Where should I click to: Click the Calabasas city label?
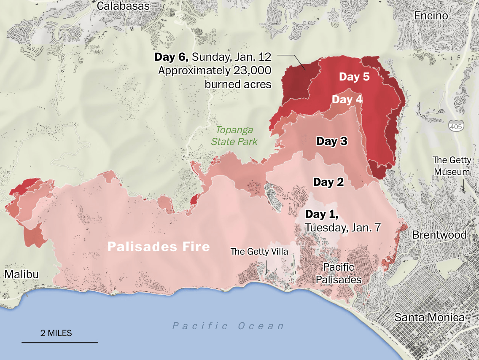pos(123,6)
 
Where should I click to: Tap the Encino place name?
pos(431,16)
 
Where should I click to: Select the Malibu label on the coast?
pos(22,274)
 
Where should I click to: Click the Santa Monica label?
pos(429,317)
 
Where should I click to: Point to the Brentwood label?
pos(439,235)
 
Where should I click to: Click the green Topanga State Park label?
pos(234,135)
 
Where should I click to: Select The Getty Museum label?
pos(452,166)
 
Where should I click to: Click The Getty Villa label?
pos(259,252)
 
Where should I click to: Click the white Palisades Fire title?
pos(159,246)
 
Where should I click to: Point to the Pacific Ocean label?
pos(228,326)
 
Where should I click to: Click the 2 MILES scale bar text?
pos(56,333)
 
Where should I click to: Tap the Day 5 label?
pos(354,77)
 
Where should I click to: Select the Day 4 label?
pos(347,100)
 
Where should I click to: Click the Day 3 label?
pos(332,141)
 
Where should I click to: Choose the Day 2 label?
pos(328,182)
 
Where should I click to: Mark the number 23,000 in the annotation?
pos(253,70)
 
